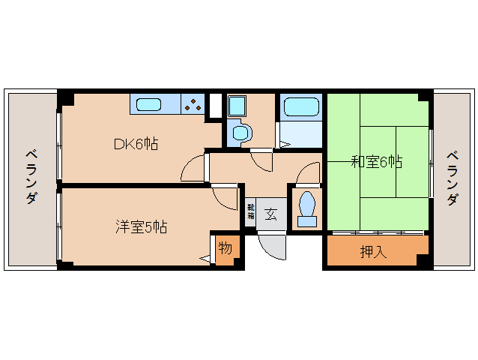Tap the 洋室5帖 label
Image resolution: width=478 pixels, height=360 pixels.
pos(141,226)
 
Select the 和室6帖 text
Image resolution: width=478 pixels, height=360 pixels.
pos(378,162)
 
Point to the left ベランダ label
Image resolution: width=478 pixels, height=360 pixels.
pos(31,176)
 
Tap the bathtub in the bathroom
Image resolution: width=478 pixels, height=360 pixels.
pos(300,106)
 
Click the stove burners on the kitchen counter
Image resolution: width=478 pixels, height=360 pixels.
pos(194,104)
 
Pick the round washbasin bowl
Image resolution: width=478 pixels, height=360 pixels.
pos(240,133)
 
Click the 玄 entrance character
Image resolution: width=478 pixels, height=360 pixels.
pos(270,213)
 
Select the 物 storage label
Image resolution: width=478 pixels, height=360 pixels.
pos(225,247)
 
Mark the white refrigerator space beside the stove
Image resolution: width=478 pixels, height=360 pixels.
pos(215,104)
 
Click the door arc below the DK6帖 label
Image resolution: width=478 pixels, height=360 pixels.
pos(193,169)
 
